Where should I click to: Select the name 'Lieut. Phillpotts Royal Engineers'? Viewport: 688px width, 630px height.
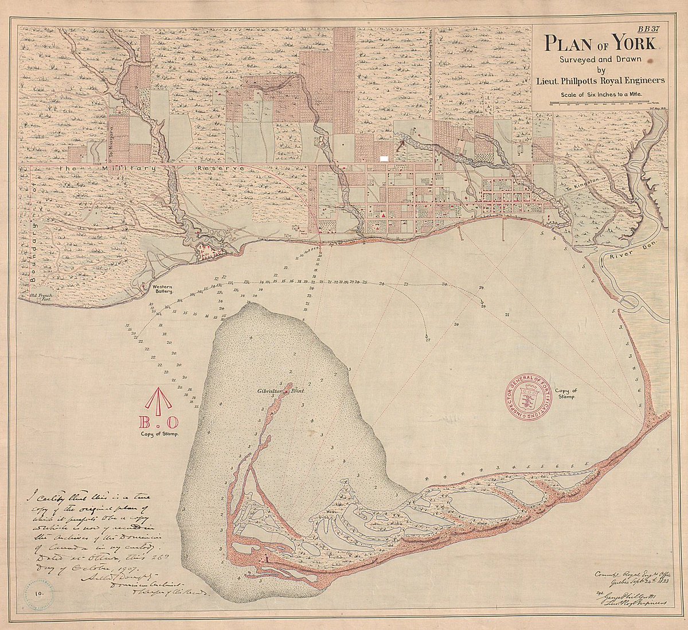tap(601, 81)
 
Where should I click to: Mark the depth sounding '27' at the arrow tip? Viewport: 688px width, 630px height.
tap(428, 340)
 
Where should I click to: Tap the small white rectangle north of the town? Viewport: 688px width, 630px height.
tap(385, 155)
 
